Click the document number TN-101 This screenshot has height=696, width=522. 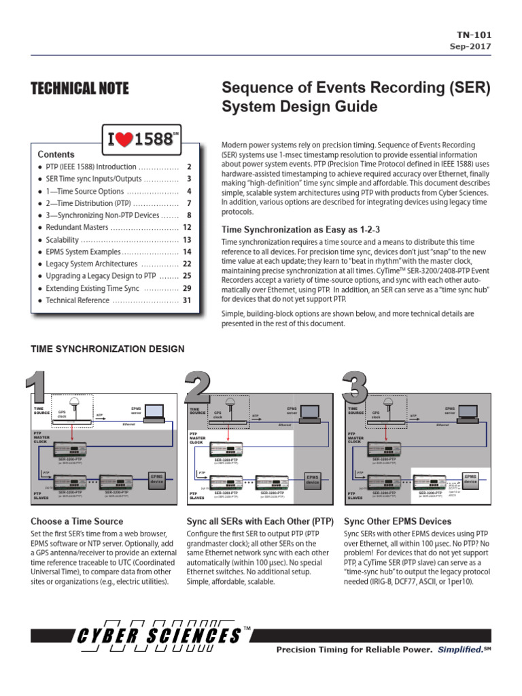pyautogui.click(x=474, y=35)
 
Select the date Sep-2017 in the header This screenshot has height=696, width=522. pyautogui.click(x=470, y=46)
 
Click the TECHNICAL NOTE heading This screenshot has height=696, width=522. pyautogui.click(x=80, y=88)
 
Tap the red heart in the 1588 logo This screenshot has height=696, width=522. pyautogui.click(x=124, y=139)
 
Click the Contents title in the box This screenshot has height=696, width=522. pyautogui.click(x=56, y=154)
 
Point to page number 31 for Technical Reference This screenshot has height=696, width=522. pyautogui.click(x=188, y=300)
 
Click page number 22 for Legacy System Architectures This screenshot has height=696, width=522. pyautogui.click(x=188, y=264)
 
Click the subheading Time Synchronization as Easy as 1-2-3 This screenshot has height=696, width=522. pyautogui.click(x=296, y=230)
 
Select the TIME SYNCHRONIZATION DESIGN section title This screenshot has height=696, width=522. pyautogui.click(x=107, y=349)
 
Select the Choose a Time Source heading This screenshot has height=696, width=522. pyautogui.click(x=77, y=521)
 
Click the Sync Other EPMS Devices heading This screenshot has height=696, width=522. pyautogui.click(x=397, y=521)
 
